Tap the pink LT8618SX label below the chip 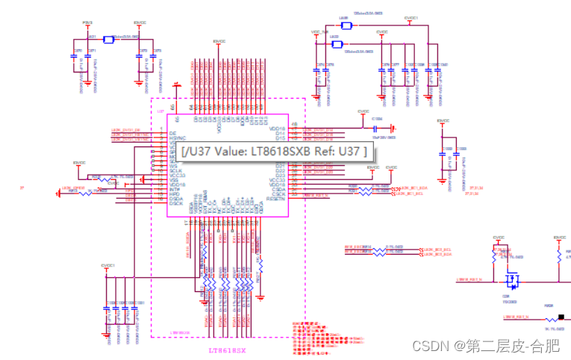pyautogui.click(x=232, y=350)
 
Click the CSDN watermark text pyautogui.click(x=428, y=346)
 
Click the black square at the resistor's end pyautogui.click(x=561, y=318)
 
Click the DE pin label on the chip pyautogui.click(x=173, y=132)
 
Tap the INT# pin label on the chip pyautogui.click(x=175, y=190)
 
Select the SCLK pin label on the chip pyautogui.click(x=176, y=170)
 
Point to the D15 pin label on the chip pyautogui.click(x=281, y=138)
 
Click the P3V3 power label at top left pyautogui.click(x=88, y=22)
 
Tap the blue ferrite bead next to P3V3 pyautogui.click(x=109, y=39)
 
